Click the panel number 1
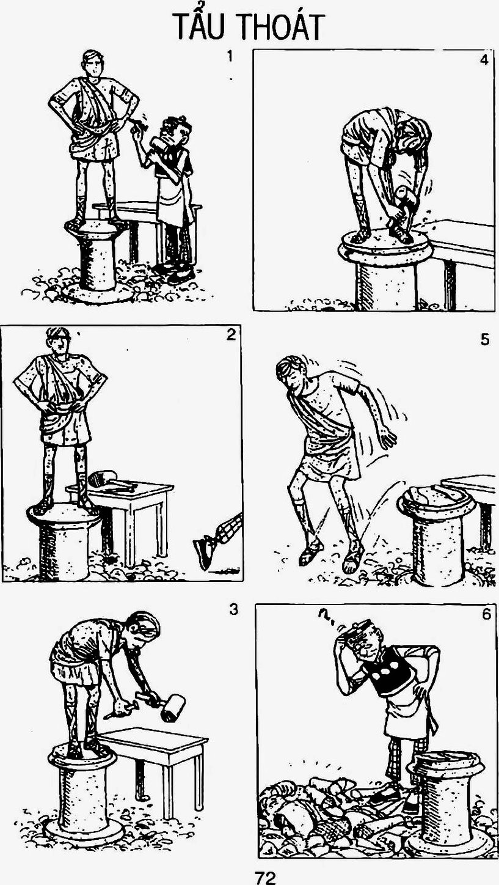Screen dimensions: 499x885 229,57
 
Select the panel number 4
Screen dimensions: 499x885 484,61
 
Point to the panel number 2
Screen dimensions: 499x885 231,335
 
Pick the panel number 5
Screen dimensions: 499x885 485,340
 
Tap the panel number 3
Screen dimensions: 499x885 234,609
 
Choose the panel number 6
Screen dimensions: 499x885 486,614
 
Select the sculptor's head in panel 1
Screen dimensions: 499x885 178,130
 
